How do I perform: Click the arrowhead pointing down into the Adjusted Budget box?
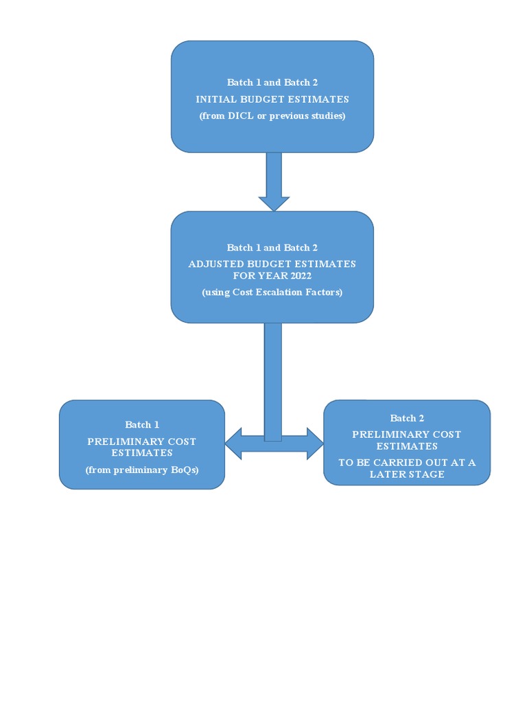pyautogui.click(x=274, y=203)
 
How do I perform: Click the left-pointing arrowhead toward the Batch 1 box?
pyautogui.click(x=233, y=443)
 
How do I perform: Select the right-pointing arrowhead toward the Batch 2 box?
pyautogui.click(x=315, y=443)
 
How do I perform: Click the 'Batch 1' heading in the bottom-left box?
pyautogui.click(x=142, y=425)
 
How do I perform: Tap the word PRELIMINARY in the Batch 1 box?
pyautogui.click(x=117, y=441)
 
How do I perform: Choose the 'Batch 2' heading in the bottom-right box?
pyautogui.click(x=407, y=418)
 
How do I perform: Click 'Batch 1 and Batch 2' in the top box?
pyautogui.click(x=272, y=82)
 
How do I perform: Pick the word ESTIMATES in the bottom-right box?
pyautogui.click(x=407, y=446)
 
